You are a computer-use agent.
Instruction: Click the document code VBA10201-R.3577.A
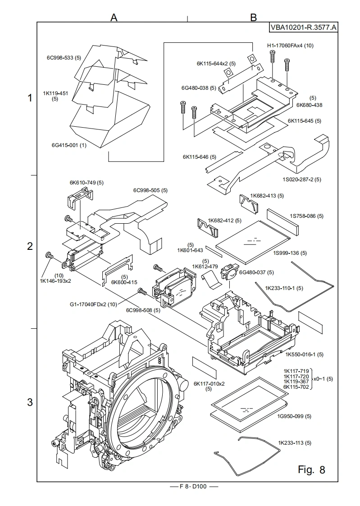(303, 28)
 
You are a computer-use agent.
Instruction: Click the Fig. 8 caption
(311, 469)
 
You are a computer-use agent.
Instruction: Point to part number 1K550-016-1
(305, 354)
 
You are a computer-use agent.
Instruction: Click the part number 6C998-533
(64, 58)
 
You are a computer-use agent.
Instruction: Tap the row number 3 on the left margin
(30, 402)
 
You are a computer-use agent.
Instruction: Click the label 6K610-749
(87, 183)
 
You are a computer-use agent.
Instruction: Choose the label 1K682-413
(268, 196)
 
